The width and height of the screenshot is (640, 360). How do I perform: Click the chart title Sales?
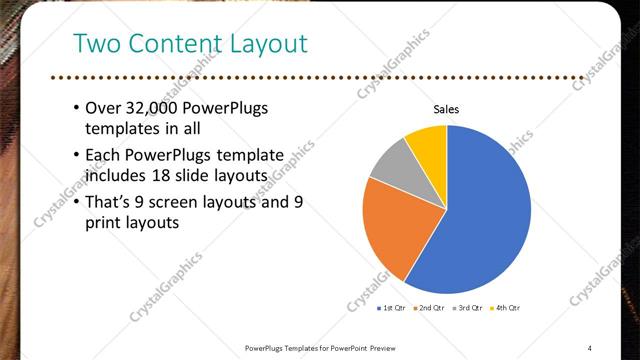point(446,109)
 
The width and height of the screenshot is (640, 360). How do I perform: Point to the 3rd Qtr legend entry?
point(467,308)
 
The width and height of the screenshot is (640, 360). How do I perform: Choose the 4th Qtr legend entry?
point(505,308)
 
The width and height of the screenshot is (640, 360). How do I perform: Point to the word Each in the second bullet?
point(104,155)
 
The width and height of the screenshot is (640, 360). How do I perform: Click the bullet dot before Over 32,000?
point(77,108)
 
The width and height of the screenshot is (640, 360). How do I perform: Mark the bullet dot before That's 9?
point(77,202)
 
